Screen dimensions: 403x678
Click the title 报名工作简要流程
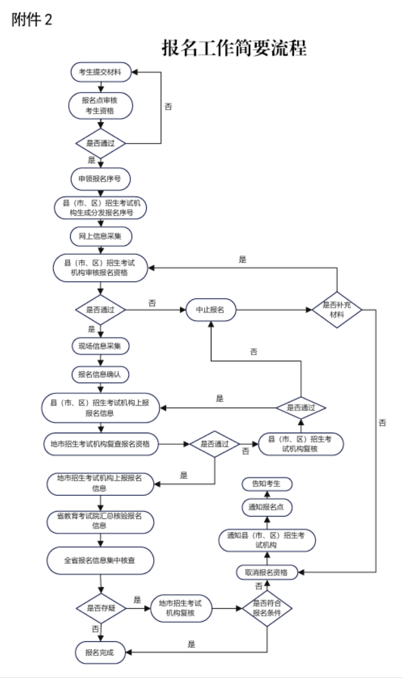(x=234, y=48)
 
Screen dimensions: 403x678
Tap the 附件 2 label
(x=32, y=20)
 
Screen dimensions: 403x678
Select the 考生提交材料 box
(x=101, y=72)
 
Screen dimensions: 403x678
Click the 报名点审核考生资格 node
(x=100, y=105)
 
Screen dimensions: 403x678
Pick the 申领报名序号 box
(x=100, y=179)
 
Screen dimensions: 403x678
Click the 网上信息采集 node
(x=101, y=237)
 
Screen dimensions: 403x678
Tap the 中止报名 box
(x=211, y=309)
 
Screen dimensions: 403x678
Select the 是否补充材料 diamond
(x=337, y=309)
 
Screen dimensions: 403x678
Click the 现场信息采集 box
(x=100, y=346)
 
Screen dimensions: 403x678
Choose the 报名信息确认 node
(x=100, y=375)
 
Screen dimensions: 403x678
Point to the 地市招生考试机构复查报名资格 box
(x=101, y=444)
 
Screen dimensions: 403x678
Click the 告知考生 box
(x=267, y=484)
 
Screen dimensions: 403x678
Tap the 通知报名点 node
(x=267, y=507)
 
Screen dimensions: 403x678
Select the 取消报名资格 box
(x=267, y=573)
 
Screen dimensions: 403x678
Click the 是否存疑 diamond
(x=101, y=608)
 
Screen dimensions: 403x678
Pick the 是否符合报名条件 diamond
(x=267, y=608)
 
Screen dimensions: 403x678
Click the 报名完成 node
(x=100, y=653)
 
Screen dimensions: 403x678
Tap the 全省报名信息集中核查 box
(x=100, y=561)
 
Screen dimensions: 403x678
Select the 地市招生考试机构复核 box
(x=181, y=608)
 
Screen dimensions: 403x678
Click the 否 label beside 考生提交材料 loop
(x=168, y=106)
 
